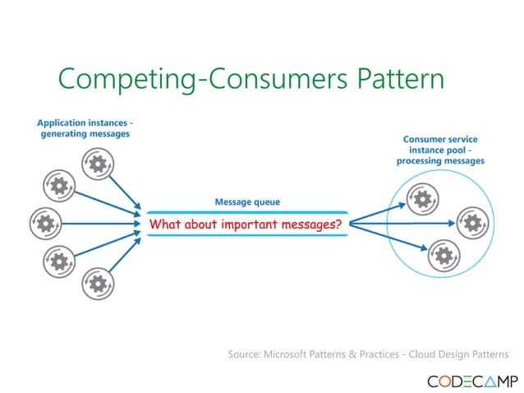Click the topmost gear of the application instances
coord(98,164)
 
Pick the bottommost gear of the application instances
coord(98,284)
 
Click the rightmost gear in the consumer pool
coord(471,222)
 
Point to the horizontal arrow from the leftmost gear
coord(99,222)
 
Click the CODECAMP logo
coord(471,381)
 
